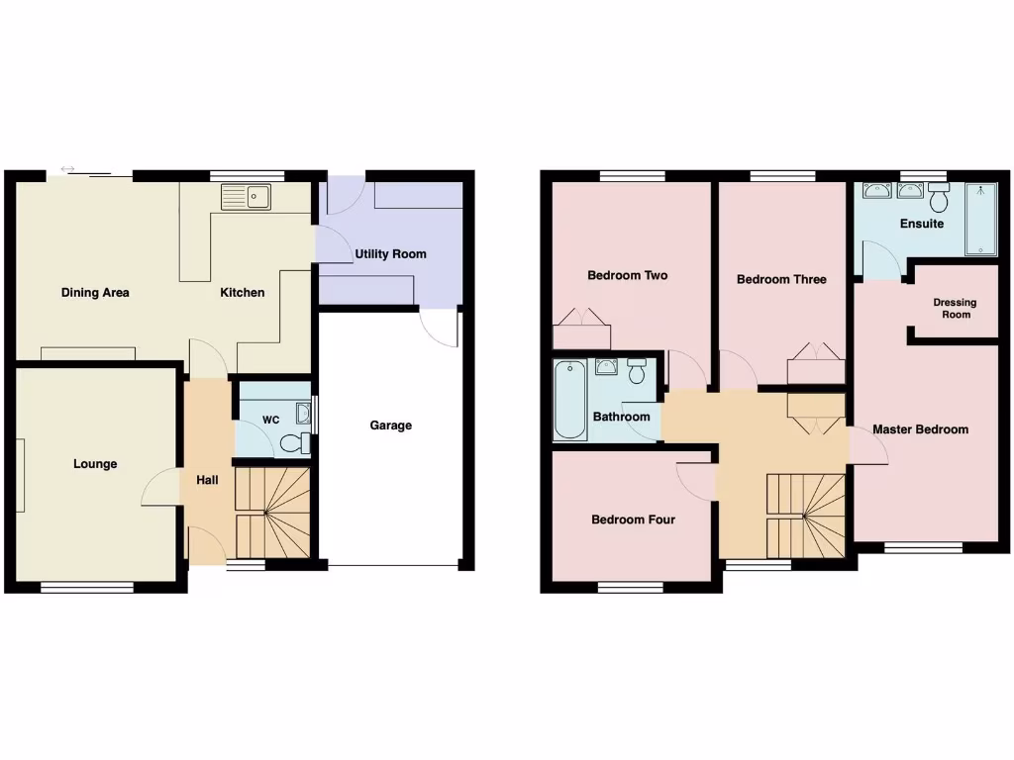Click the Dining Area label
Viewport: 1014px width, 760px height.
point(95,292)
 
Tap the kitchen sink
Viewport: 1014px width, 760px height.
point(247,197)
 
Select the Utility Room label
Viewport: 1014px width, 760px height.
point(391,254)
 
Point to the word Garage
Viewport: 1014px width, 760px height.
point(391,426)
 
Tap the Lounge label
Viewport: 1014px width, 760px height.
point(95,464)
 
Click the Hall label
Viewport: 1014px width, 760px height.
point(207,480)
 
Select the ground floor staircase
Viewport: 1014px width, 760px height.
point(273,513)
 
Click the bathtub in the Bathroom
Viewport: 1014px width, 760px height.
point(569,401)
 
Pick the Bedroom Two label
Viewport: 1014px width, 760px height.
point(628,275)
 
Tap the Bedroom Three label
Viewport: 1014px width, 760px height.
point(781,279)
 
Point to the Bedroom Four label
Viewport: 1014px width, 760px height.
point(633,520)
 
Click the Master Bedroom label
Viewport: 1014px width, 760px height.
point(920,429)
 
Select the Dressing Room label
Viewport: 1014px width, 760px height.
point(956,309)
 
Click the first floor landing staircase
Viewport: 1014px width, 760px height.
point(807,515)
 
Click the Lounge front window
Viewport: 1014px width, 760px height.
point(87,588)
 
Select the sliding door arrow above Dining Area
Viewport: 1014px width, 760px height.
point(67,169)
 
